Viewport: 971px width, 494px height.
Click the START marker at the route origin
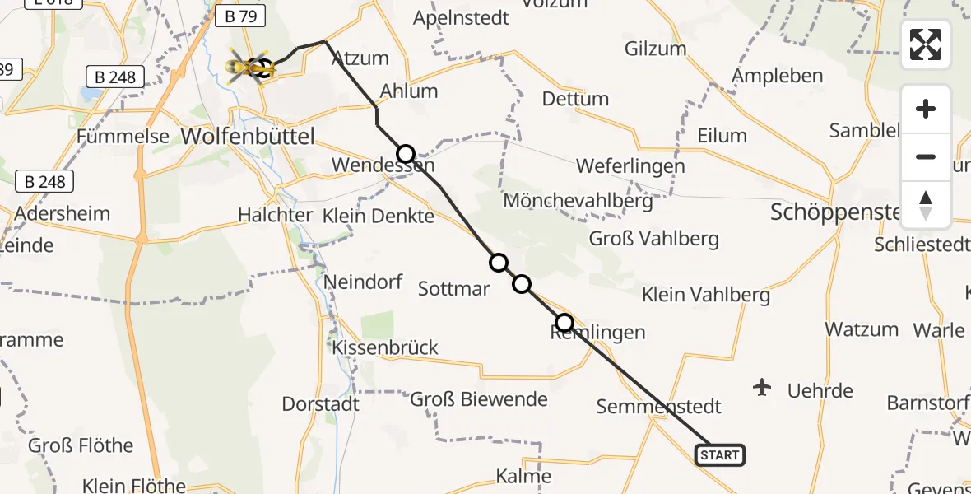720,454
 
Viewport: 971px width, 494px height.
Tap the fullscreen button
926,44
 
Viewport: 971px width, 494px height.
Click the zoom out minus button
926,156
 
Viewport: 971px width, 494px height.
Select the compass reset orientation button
926,205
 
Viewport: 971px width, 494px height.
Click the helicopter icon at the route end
249,66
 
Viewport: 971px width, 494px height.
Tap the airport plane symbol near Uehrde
763,386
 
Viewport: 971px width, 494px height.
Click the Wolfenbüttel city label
247,137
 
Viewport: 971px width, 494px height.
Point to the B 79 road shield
238,16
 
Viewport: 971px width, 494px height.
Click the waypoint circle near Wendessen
406,154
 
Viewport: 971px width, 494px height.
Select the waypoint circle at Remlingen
564,322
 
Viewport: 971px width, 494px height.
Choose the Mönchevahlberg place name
578,200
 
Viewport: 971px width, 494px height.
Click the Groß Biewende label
478,400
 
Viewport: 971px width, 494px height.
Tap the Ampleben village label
777,77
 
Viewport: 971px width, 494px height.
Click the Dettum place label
575,100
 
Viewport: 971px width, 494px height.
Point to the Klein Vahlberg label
705,295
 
